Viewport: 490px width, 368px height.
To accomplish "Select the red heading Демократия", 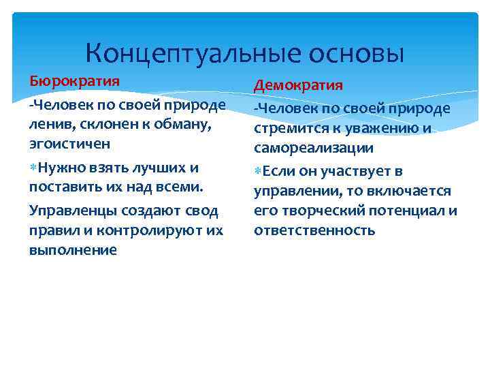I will click(x=299, y=86).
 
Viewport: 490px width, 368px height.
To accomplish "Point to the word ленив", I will click(x=49, y=125).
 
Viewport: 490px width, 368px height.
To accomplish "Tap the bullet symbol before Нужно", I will click(x=34, y=168).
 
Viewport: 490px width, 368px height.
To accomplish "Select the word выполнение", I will click(x=73, y=250).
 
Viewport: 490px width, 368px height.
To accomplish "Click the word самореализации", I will click(x=314, y=148).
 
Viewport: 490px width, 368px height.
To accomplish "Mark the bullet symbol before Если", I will click(x=258, y=171).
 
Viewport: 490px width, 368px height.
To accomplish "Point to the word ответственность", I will click(x=314, y=230).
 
